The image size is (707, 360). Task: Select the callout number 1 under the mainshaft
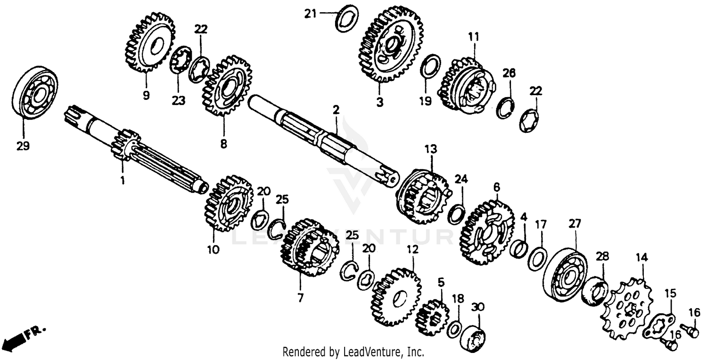[x=122, y=180]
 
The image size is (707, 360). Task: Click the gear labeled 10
[x=228, y=203]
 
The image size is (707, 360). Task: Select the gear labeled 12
[x=396, y=296]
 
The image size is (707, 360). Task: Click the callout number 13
[x=430, y=149]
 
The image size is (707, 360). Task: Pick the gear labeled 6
[x=487, y=231]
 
